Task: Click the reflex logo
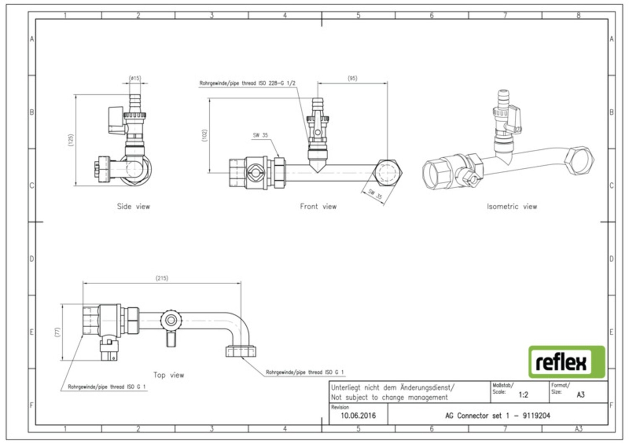pos(566,362)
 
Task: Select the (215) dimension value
pos(162,278)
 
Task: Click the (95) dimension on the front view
pos(352,78)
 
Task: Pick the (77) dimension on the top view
pos(58,332)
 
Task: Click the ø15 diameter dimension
pos(135,78)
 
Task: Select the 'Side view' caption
pos(133,207)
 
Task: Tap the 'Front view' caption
pos(318,207)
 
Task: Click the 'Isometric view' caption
pos(512,207)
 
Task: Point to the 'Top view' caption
pos(168,375)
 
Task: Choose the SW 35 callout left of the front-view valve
pos(260,135)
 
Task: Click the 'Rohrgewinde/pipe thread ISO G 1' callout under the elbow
pos(305,372)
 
